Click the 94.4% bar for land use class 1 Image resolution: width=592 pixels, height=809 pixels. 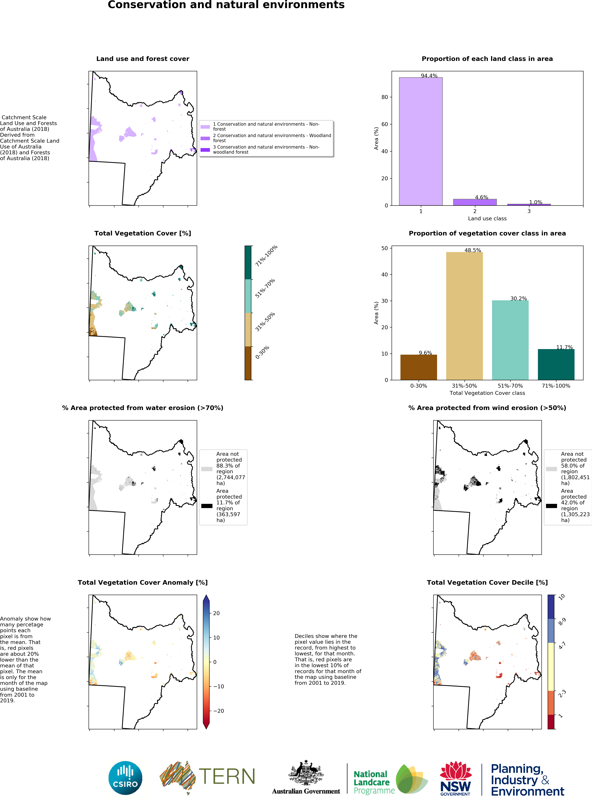pos(421,141)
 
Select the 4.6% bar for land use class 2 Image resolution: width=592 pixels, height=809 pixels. pos(475,202)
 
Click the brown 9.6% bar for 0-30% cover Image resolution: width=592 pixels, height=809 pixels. pos(419,367)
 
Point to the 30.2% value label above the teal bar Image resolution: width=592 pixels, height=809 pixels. pos(519,298)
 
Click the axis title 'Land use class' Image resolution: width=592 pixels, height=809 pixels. pos(487,218)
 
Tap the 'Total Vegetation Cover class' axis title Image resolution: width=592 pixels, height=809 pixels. pos(487,393)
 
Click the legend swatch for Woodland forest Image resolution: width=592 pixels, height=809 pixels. pos(205,138)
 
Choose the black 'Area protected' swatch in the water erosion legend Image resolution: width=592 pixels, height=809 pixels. pos(207,506)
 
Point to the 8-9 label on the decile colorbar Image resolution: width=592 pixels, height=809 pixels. pos(562,622)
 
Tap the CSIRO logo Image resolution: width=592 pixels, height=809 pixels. pos(125,778)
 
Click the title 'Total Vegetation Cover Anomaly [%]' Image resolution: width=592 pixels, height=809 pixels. pos(143,583)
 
